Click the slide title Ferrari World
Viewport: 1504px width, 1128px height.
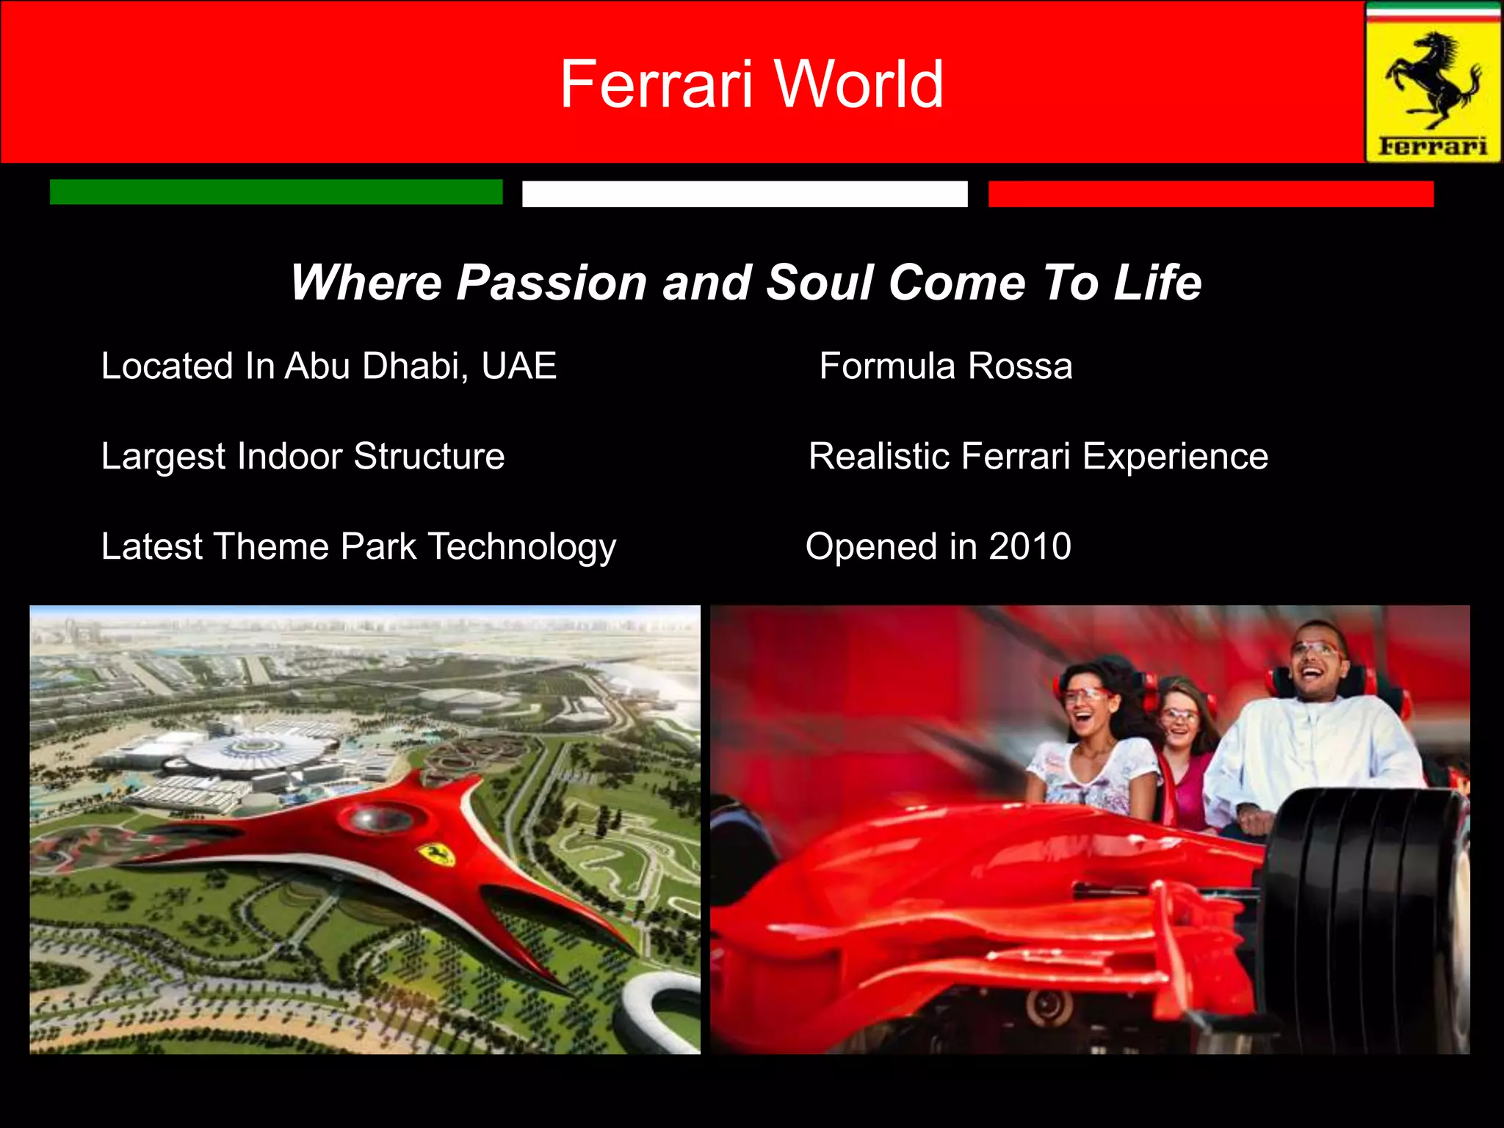click(751, 84)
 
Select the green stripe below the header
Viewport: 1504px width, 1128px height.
click(276, 192)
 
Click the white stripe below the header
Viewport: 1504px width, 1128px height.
click(745, 194)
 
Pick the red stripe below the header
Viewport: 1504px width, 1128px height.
click(1211, 194)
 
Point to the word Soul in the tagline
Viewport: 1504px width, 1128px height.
click(820, 283)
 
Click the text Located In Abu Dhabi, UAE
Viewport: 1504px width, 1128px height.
click(329, 366)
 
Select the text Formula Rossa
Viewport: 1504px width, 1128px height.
click(946, 366)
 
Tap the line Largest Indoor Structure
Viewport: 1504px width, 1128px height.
click(303, 456)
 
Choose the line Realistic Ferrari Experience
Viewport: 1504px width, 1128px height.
click(1038, 456)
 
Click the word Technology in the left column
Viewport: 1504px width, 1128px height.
click(522, 547)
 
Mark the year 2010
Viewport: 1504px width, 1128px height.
click(1030, 546)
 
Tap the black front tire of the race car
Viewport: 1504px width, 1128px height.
click(1366, 918)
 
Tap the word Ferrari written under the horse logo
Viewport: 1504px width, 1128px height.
click(1433, 145)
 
